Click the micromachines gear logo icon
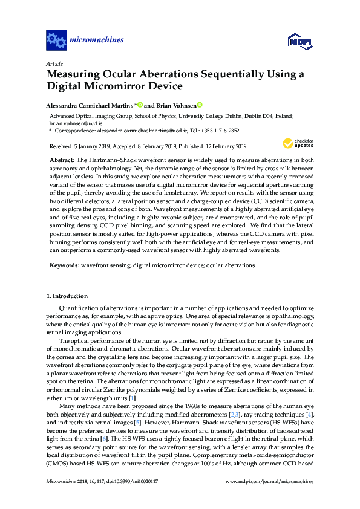point(56,41)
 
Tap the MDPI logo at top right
point(299,41)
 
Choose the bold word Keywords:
point(64,265)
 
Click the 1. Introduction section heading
point(67,296)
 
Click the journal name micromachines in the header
point(97,41)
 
